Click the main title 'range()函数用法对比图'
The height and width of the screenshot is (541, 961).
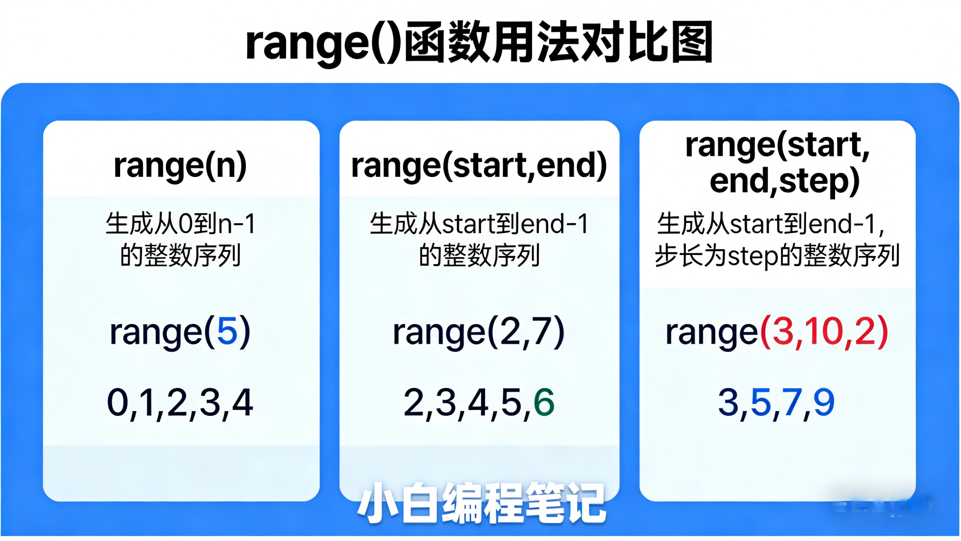pos(479,42)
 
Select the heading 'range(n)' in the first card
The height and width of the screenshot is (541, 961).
pos(180,165)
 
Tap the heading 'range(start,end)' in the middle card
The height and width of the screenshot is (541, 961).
pos(479,165)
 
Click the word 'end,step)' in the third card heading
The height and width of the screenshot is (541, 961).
pos(785,181)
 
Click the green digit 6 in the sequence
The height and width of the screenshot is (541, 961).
pos(544,402)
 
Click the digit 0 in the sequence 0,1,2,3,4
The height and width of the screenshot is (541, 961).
pos(117,402)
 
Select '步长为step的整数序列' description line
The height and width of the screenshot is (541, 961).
pos(777,256)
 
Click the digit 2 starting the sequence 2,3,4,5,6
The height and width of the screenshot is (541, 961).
pos(414,402)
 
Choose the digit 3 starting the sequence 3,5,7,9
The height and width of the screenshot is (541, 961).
pos(728,402)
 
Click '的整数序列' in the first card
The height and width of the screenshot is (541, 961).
pos(180,256)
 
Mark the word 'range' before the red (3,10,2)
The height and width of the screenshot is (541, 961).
pos(712,333)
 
